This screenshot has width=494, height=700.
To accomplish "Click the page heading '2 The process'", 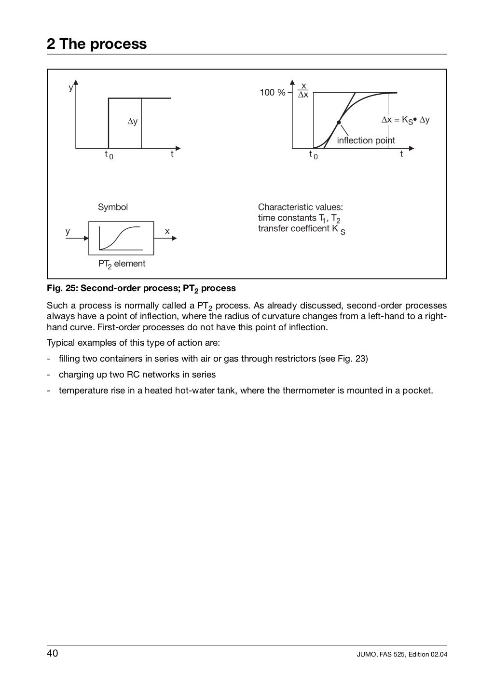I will tap(96, 44).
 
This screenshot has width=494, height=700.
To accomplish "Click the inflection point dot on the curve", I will tap(339, 122).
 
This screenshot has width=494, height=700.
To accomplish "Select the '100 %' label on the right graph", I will tap(273, 93).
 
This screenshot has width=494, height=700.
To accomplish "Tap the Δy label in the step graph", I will tap(132, 122).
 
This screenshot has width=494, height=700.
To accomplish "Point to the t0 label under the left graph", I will tap(109, 155).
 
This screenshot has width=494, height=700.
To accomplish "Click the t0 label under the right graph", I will tap(313, 155).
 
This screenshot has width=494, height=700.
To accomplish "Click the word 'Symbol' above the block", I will tap(113, 207).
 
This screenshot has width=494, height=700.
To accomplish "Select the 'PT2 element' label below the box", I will tap(122, 264).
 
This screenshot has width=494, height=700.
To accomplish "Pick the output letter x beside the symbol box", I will tap(167, 231).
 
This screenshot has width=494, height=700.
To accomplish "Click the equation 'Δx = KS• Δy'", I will tap(405, 120).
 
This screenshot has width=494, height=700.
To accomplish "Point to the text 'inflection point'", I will tap(366, 140).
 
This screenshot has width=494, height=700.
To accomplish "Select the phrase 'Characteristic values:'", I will tap(301, 207).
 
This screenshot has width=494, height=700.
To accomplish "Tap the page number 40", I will tap(53, 654).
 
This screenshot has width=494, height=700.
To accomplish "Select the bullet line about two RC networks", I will tap(137, 375).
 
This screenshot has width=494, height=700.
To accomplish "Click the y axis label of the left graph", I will tap(70, 88).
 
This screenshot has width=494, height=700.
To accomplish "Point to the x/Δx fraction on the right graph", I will tap(303, 90).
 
